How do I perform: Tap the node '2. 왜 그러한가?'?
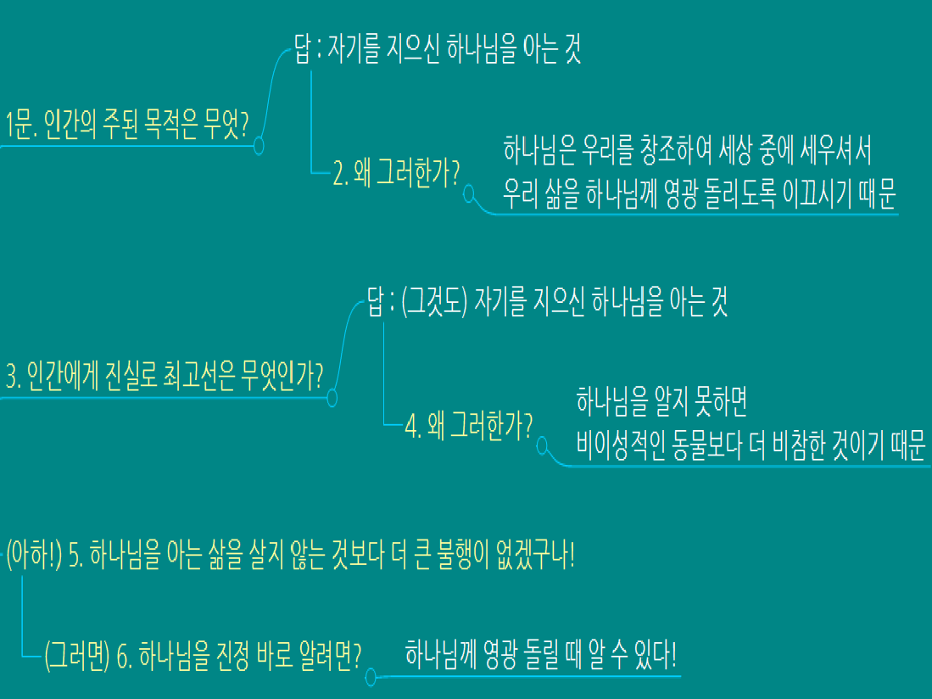click(395, 173)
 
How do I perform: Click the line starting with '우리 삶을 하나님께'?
click(699, 193)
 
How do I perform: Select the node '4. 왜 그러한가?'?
click(468, 423)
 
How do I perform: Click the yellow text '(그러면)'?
click(77, 655)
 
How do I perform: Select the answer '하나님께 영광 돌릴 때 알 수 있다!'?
click(541, 655)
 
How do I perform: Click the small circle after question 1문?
click(260, 146)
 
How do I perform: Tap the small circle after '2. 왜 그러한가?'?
click(469, 194)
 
